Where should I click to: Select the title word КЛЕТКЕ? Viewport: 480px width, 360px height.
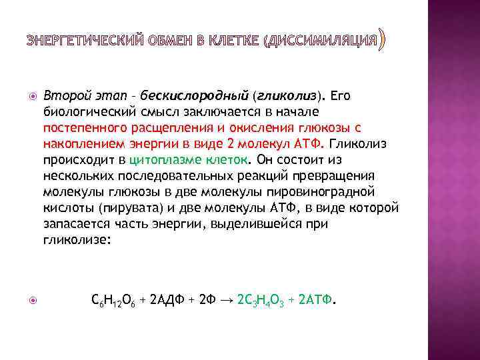point(234,42)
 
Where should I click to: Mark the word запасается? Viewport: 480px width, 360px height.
point(73,223)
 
